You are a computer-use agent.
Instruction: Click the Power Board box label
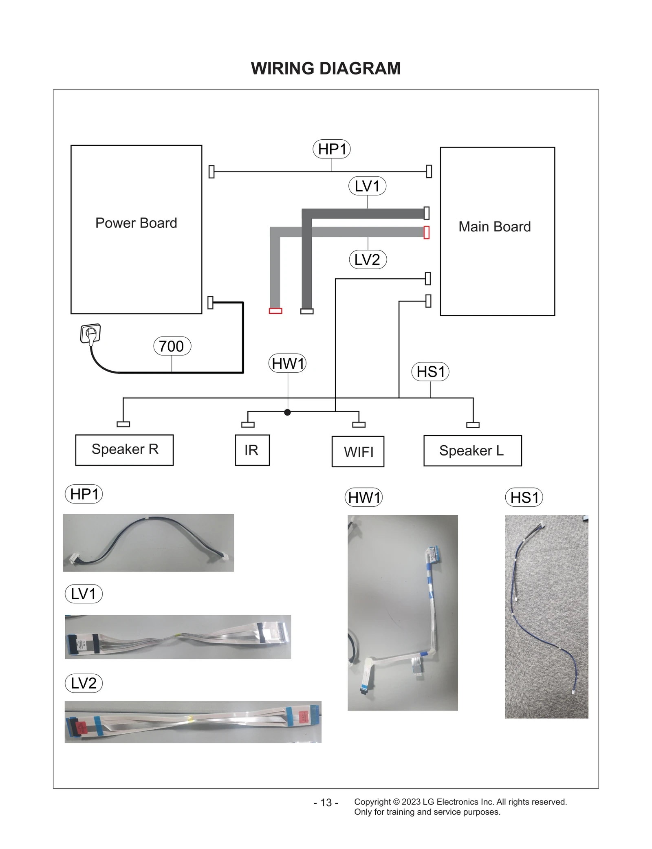[136, 223]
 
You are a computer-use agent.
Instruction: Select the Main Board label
[494, 227]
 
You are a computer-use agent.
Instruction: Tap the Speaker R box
[124, 449]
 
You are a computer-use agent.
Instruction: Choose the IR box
[252, 450]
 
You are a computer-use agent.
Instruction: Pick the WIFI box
[358, 451]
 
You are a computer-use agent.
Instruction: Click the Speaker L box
[472, 450]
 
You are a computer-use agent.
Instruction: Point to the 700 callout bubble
[172, 346]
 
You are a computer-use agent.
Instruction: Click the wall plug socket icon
[90, 334]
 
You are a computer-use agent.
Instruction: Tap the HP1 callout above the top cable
[332, 149]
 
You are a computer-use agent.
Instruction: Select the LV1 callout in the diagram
[367, 186]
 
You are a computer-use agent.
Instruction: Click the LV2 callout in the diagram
[367, 260]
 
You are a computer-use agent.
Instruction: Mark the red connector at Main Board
[426, 232]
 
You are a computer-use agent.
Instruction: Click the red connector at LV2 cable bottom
[275, 311]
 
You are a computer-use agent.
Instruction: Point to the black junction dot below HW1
[287, 412]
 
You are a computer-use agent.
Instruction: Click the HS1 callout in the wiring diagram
[430, 372]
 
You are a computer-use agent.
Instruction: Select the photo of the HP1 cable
[148, 543]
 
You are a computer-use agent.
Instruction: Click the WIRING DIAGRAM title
[326, 68]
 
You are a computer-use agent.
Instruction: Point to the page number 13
[326, 802]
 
